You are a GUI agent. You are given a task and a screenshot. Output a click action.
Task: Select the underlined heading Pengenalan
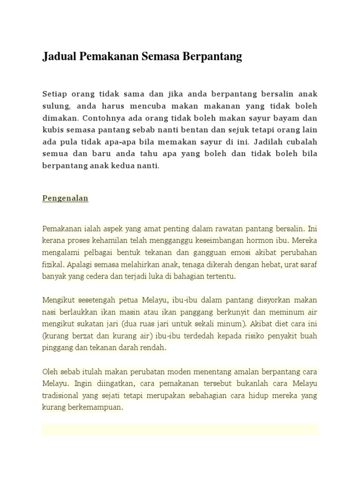[x=65, y=198]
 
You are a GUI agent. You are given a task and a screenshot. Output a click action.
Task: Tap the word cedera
[x=103, y=277]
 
